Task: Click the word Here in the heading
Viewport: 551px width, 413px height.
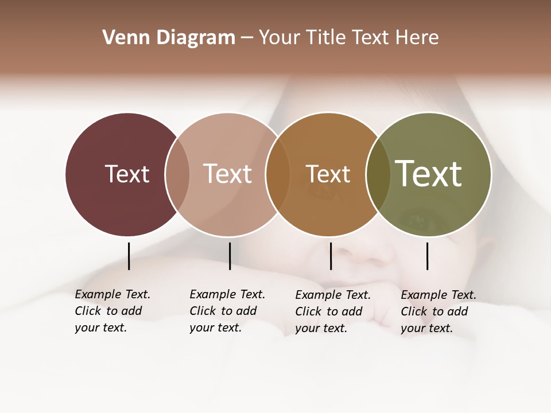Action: coord(417,38)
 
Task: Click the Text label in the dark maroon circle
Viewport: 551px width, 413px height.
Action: coord(127,174)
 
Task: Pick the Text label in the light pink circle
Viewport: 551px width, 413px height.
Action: coord(227,174)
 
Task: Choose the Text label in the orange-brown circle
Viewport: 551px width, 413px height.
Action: coord(328,174)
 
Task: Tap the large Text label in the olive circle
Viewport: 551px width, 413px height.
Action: coord(429,174)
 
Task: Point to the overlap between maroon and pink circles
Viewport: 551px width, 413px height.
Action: coord(177,174)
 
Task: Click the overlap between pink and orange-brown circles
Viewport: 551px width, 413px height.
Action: coord(278,174)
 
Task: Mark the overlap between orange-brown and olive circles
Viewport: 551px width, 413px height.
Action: coord(378,174)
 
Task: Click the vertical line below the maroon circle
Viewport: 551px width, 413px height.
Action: coord(129,256)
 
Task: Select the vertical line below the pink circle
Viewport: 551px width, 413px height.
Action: coord(230,256)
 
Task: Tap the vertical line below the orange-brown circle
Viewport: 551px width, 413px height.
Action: coord(331,256)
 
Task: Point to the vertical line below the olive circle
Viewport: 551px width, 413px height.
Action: coord(427,256)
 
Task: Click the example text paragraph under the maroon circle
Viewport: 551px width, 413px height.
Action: coord(112,311)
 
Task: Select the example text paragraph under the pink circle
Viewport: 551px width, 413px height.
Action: coord(227,311)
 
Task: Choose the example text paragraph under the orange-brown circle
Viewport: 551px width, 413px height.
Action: coord(332,311)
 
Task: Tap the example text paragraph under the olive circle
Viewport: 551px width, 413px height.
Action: coord(438,311)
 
